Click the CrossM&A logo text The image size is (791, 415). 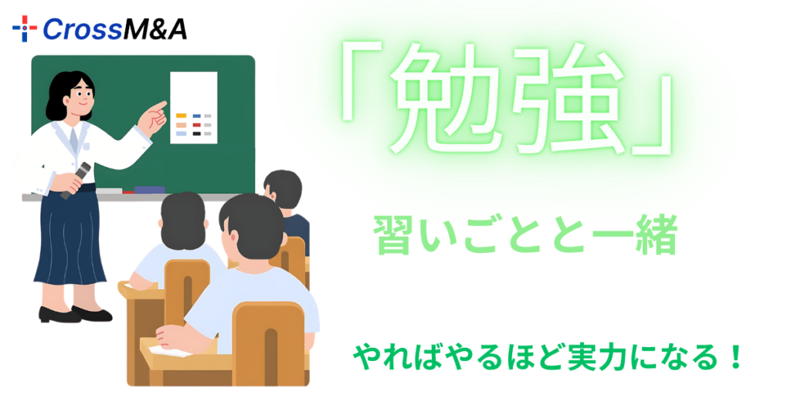[114, 29]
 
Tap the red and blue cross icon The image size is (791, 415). [25, 29]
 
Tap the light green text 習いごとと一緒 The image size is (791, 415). [525, 236]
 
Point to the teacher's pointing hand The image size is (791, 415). [157, 114]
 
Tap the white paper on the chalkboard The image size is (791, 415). [193, 107]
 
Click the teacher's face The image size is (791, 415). [80, 93]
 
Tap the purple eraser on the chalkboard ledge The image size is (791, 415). [149, 189]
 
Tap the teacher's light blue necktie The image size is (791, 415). [74, 139]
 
